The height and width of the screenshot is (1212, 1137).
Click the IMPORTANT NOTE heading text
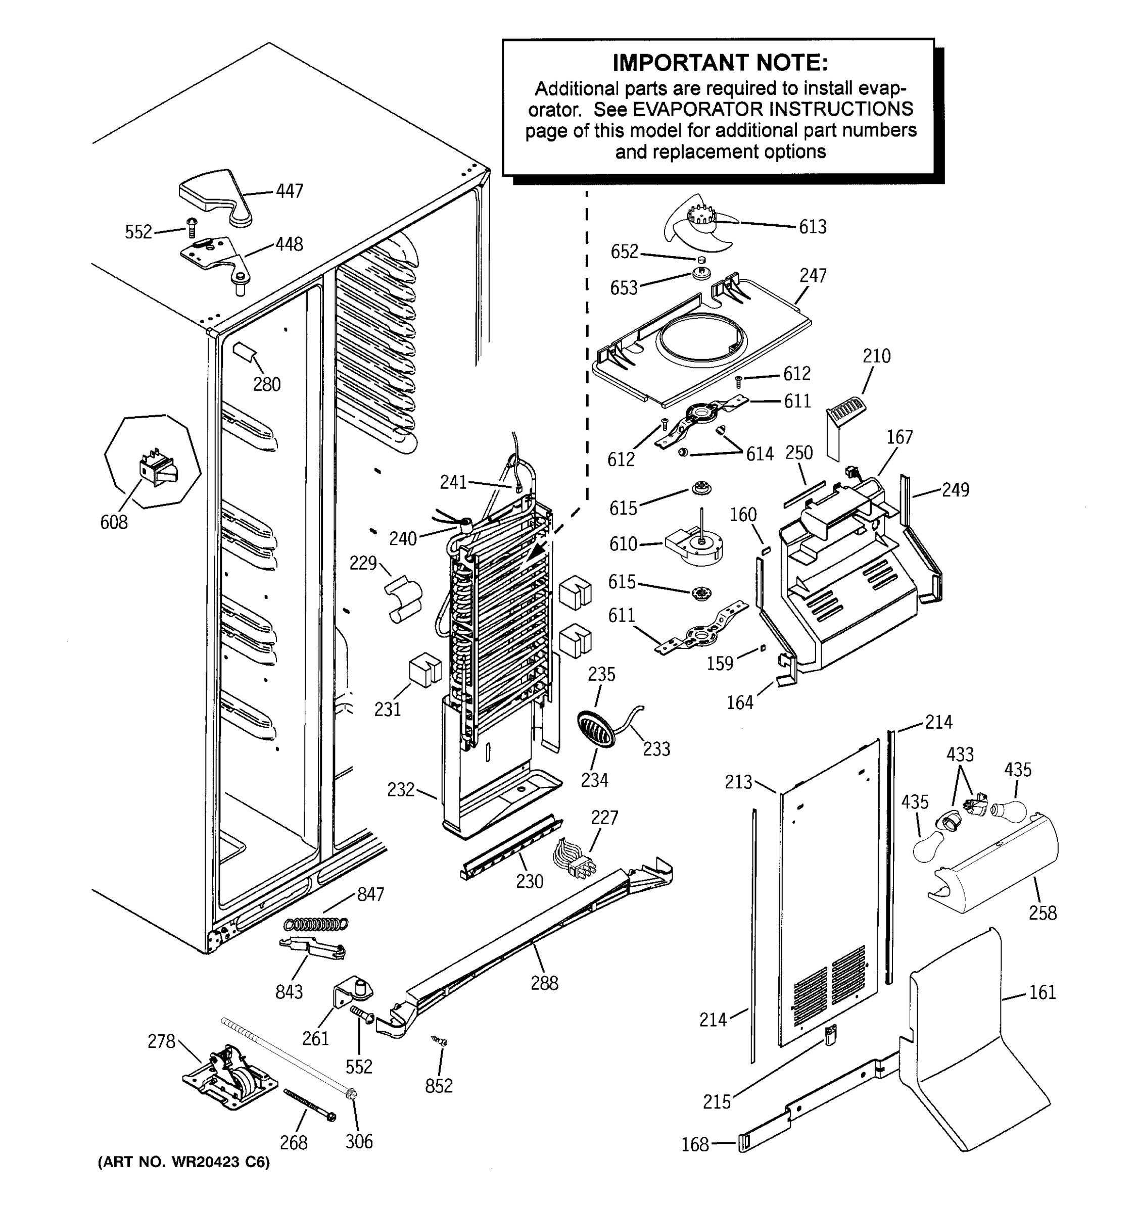tap(720, 63)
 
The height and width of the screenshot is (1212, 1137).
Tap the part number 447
tap(289, 191)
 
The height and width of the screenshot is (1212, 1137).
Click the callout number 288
tap(544, 982)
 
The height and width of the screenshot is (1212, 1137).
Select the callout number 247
tap(813, 276)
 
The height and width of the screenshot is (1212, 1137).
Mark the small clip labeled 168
tap(743, 1143)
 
